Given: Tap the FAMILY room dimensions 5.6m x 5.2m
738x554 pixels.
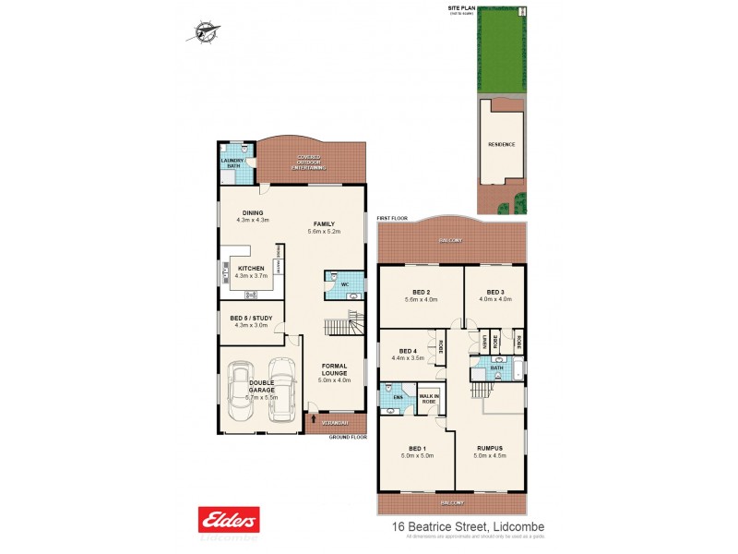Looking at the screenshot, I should pyautogui.click(x=323, y=232).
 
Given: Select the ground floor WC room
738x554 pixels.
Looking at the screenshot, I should pyautogui.click(x=342, y=285).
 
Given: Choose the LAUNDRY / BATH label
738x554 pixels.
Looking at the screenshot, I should pyautogui.click(x=232, y=163).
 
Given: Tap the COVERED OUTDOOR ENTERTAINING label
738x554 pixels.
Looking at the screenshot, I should pyautogui.click(x=309, y=163).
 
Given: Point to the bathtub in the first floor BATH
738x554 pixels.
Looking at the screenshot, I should pyautogui.click(x=512, y=373).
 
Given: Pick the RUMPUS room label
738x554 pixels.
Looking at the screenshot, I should pyautogui.click(x=491, y=449).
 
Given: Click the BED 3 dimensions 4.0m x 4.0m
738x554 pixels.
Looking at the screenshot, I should pyautogui.click(x=494, y=299).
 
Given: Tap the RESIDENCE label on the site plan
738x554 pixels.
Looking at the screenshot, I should pyautogui.click(x=501, y=145).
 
